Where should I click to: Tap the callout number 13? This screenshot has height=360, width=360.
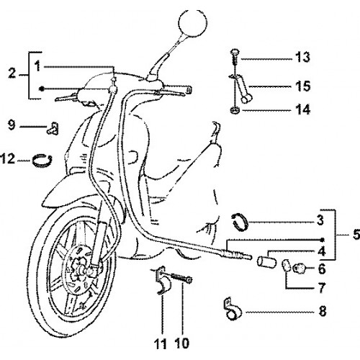[x=302, y=57]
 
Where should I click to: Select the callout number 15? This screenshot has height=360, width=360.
[x=303, y=86]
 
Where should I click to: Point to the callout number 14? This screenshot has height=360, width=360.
[x=303, y=109]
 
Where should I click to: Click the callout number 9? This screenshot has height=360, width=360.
[x=12, y=125]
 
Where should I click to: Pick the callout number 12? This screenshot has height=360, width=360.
[x=8, y=158]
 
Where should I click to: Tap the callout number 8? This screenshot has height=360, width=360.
[x=323, y=311]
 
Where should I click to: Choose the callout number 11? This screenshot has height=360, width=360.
[x=161, y=343]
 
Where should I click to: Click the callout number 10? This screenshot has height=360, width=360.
[x=182, y=343]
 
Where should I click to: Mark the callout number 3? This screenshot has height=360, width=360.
[x=320, y=220]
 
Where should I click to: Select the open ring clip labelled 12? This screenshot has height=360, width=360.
[x=42, y=159]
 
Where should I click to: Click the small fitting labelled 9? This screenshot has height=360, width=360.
[x=53, y=128]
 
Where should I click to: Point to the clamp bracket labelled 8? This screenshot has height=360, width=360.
[x=232, y=309]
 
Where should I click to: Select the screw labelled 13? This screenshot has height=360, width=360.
[x=235, y=58]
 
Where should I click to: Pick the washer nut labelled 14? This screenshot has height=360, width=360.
[x=235, y=110]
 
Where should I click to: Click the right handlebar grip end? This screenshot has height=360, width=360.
[x=189, y=89]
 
